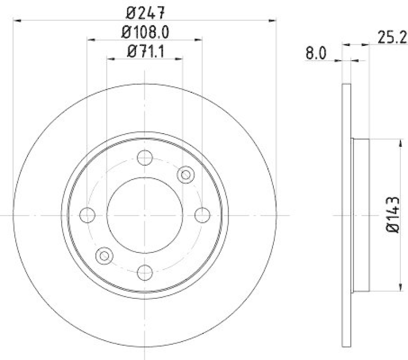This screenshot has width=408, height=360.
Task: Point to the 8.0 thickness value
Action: click(316, 53)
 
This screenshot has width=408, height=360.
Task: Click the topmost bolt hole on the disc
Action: click(145, 158)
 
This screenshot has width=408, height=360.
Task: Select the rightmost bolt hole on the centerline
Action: click(202, 215)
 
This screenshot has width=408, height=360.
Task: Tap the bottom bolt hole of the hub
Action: click(145, 272)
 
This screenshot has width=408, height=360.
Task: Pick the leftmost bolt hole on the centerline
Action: click(88, 215)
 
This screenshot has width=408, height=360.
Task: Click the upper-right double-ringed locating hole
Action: click(186, 175)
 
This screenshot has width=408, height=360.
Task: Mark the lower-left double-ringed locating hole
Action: click(105, 255)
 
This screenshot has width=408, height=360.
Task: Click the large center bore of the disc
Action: click(145, 215)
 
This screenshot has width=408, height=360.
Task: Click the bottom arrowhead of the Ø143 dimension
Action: click(398, 289)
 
